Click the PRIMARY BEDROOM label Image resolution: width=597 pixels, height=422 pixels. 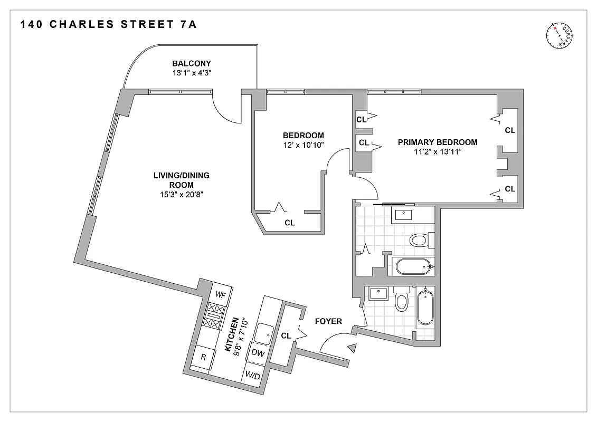coord(438,142)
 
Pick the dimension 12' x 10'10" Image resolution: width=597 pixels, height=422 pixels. coord(303,145)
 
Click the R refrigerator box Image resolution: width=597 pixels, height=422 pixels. coord(203,357)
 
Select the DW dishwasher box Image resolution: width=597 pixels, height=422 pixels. coord(257,353)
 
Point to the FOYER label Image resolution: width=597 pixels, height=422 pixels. coord(328,321)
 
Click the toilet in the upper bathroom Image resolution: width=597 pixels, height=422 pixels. coord(420,241)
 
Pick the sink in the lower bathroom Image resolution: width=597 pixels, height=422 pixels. coord(378,293)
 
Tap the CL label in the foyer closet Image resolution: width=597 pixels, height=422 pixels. coord(286,335)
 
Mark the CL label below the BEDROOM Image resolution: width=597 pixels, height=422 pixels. coord(290,223)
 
